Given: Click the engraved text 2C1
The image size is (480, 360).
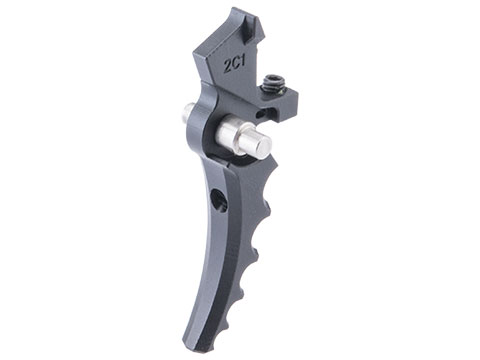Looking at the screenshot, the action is pos(234,65).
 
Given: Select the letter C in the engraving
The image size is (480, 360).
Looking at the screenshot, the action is pos(236,65).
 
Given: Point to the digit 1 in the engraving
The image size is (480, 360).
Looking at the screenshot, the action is pos(242,63).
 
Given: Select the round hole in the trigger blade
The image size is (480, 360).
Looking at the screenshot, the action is pos(220,200).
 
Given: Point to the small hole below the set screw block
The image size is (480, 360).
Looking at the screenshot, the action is pos(260,114).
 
